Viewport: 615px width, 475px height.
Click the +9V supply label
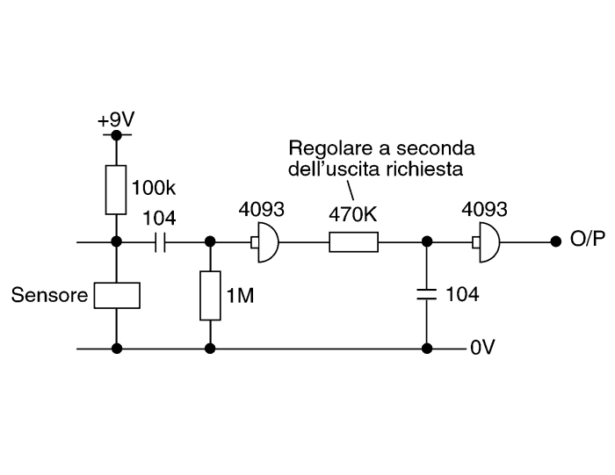[x=116, y=119]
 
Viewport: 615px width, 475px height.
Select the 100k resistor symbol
[x=116, y=190]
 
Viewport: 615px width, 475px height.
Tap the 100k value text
[x=154, y=188]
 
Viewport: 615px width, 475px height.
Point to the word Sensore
[x=49, y=295]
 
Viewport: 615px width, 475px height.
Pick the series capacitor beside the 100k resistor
[x=160, y=242]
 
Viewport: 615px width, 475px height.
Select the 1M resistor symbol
[x=210, y=296]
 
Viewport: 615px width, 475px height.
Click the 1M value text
[x=241, y=295]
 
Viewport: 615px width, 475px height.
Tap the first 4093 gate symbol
[x=265, y=242]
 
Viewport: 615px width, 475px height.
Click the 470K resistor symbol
[x=354, y=241]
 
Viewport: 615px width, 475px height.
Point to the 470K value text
[x=353, y=214]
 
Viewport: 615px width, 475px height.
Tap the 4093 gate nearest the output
[x=487, y=242]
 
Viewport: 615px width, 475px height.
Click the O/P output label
[x=588, y=238]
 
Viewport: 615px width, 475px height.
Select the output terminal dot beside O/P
[x=556, y=241]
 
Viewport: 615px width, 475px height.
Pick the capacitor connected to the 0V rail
[x=427, y=294]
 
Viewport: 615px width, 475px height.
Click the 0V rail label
[x=482, y=347]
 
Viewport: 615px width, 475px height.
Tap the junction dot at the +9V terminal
[x=117, y=135]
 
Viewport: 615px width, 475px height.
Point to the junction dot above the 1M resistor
[x=210, y=241]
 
